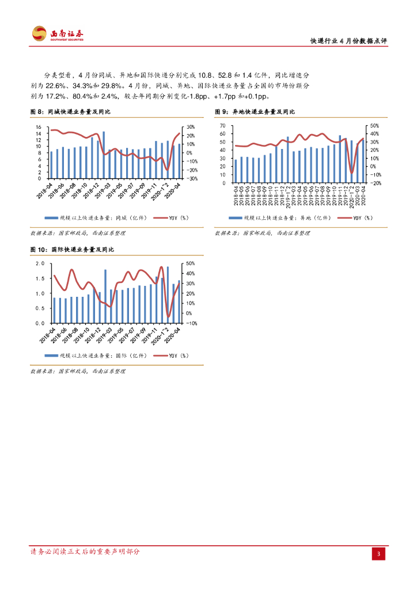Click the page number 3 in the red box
[378, 554]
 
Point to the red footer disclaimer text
[85, 552]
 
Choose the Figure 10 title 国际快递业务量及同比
[72, 250]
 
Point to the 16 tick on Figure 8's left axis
[38, 127]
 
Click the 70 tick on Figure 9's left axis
[222, 125]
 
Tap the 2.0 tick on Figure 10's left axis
[40, 263]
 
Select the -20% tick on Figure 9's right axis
[374, 182]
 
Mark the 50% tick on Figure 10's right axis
[190, 263]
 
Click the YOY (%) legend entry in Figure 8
[173, 218]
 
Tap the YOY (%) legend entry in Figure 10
[173, 356]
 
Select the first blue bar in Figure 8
[51, 165]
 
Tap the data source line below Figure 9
[262, 233]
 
